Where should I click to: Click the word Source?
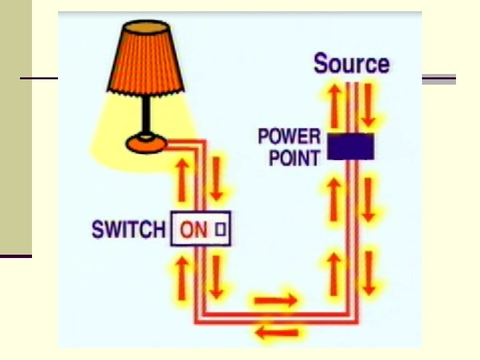click(351, 64)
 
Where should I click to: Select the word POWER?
click(289, 137)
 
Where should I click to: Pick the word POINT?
click(294, 157)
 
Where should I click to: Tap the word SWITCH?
click(128, 230)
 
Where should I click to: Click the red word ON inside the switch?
click(195, 231)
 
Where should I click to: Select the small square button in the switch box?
click(221, 231)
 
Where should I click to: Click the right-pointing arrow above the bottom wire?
click(275, 301)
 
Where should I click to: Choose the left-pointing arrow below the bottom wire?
click(277, 332)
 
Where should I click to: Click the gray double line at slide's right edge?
click(439, 80)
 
